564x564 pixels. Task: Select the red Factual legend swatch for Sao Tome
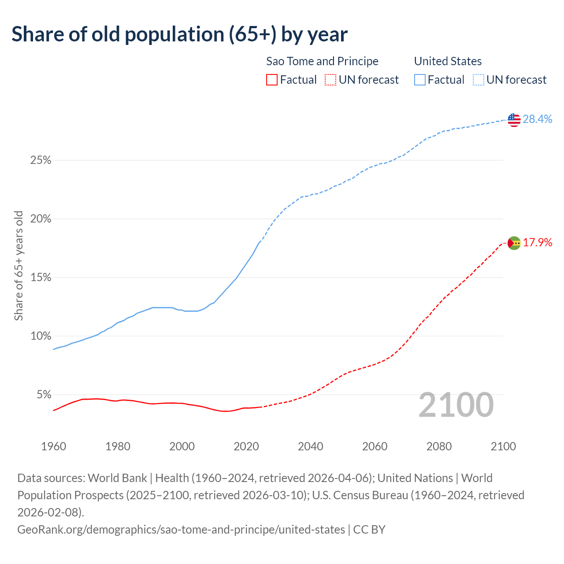pos(272,80)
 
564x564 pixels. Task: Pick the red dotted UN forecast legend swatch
pos(330,80)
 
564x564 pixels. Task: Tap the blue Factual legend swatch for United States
pos(420,80)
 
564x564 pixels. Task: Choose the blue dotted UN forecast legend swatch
pos(478,80)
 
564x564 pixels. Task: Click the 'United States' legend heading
pos(448,61)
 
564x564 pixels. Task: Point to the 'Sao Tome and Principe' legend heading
pos(322,61)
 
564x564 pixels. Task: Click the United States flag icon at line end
pos(514,119)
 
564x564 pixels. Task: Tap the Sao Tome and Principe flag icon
pos(514,243)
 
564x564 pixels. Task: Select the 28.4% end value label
pos(538,119)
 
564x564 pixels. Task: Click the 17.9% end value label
pos(538,242)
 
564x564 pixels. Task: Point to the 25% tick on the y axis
pos(41,160)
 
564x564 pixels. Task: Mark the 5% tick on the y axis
pos(44,395)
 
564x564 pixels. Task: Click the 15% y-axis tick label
pos(41,278)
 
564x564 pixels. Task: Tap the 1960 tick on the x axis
pos(53,446)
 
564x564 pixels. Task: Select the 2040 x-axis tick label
pos(311,446)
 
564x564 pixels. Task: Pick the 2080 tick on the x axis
pos(439,446)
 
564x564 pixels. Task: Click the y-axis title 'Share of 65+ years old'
pos(19,266)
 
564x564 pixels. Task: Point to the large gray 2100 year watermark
pos(456,405)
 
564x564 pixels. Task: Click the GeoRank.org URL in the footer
pos(181,529)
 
